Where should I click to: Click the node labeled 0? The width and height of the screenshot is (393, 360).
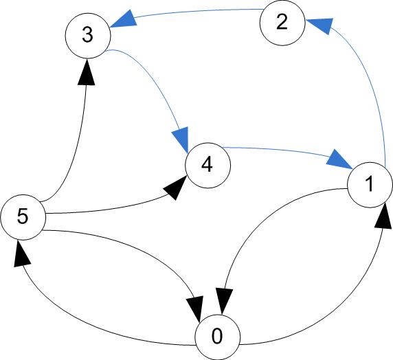(218, 337)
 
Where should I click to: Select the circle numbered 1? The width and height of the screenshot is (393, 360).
(370, 185)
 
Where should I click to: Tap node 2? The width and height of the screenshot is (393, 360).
(282, 23)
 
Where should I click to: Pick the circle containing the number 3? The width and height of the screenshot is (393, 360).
(88, 36)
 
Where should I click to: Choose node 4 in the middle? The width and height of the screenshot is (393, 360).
(207, 166)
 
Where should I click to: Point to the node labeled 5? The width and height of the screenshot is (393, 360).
(23, 217)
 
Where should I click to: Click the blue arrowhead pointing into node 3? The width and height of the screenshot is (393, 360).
(124, 19)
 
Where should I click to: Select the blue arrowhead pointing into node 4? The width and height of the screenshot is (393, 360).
(181, 139)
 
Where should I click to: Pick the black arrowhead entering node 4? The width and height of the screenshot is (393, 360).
(175, 188)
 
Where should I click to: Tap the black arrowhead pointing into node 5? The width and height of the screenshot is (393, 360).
(21, 254)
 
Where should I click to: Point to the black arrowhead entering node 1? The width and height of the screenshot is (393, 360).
(383, 218)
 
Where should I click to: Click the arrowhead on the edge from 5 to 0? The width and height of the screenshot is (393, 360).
(195, 309)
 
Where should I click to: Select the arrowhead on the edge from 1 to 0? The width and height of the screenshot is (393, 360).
(225, 301)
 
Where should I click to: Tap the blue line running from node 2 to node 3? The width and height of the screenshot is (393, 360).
(198, 12)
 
